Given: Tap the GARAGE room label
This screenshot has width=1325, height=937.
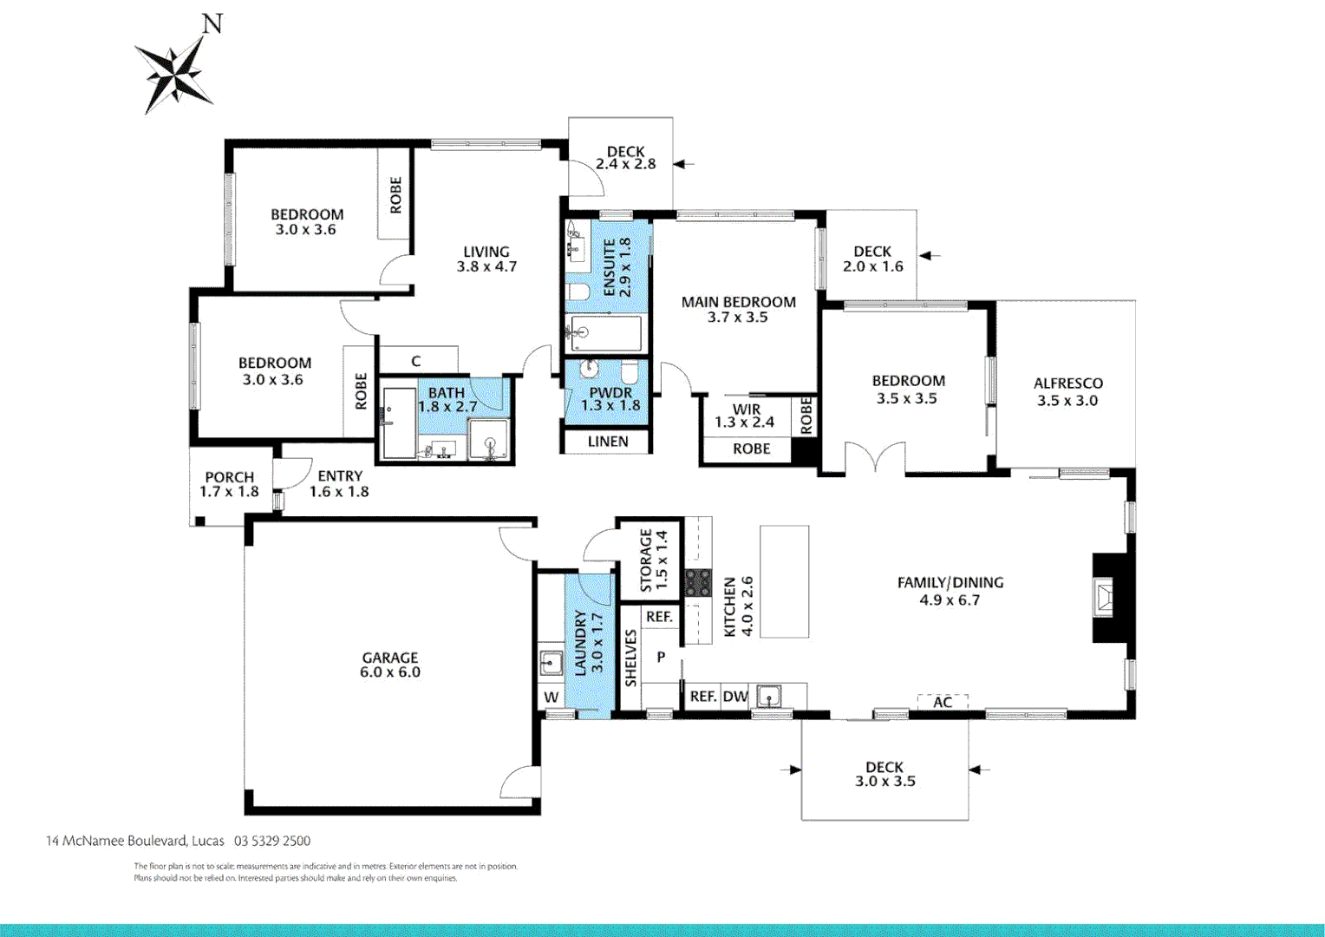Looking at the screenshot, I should tap(390, 658).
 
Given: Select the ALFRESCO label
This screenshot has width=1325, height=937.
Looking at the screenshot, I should tap(1067, 383).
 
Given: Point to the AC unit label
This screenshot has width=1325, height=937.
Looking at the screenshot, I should tap(943, 702).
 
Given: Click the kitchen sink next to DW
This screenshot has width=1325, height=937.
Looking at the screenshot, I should tap(768, 696).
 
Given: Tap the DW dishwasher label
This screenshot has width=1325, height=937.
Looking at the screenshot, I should tap(735, 697).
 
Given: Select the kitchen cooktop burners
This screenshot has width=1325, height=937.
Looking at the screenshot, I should tap(698, 582).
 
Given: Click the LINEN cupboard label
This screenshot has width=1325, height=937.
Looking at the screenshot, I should tap(607, 442).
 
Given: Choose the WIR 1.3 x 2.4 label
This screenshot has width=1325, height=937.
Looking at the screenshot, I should tap(745, 416).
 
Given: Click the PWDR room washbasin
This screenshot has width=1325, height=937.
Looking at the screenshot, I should tap(589, 370).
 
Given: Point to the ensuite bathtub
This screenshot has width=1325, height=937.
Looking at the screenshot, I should tap(604, 333).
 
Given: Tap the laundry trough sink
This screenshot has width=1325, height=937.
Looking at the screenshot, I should tap(551, 664).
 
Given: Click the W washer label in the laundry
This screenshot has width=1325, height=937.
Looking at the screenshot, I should tap(552, 698).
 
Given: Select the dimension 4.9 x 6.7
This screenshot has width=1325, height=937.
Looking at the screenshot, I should tap(950, 600).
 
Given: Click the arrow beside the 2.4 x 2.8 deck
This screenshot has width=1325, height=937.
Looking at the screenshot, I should tap(683, 163).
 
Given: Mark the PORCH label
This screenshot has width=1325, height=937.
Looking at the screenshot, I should tap(229, 477).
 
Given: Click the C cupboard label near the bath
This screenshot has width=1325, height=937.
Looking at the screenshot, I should tap(416, 361).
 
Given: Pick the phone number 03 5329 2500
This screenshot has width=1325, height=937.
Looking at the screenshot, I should tap(272, 841).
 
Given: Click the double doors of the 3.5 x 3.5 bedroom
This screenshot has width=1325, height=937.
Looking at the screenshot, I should tap(875, 458).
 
